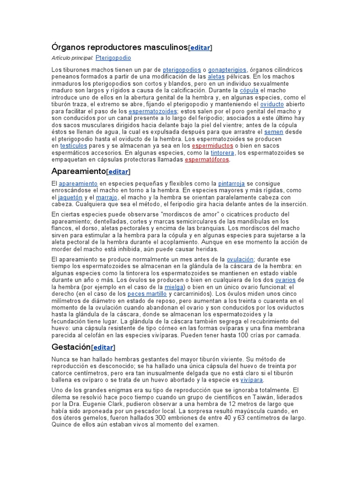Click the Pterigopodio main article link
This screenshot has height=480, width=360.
coord(113,58)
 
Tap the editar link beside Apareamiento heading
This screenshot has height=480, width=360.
coord(118,172)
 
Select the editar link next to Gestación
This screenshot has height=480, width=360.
coord(103,347)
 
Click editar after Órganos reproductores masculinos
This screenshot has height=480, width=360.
coord(200,48)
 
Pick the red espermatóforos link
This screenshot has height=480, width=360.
coord(207,159)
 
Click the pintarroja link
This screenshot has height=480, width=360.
coord(232,183)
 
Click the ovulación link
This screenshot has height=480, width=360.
coord(240,259)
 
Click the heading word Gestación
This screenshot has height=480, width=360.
coord(71,347)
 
